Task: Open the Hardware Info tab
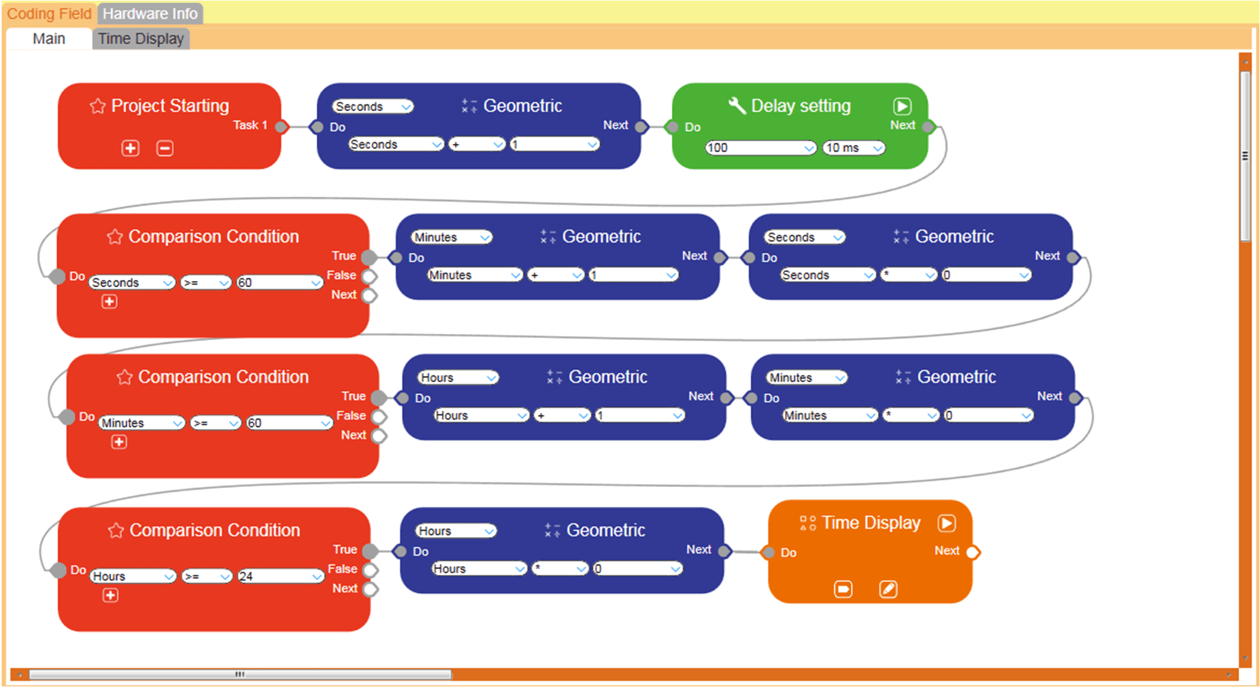150,14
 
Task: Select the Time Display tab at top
141,39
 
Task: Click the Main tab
49,39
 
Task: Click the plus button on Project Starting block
130,148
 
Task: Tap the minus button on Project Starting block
165,148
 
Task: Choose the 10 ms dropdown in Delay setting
854,148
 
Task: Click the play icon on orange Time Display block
947,523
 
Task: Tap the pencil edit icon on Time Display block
888,589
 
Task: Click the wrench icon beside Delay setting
737,106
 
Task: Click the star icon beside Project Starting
97,106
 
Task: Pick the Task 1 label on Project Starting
250,125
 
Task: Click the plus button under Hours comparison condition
110,595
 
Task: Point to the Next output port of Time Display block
972,552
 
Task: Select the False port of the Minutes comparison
379,416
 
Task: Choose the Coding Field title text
49,14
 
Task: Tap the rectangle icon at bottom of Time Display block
843,589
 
